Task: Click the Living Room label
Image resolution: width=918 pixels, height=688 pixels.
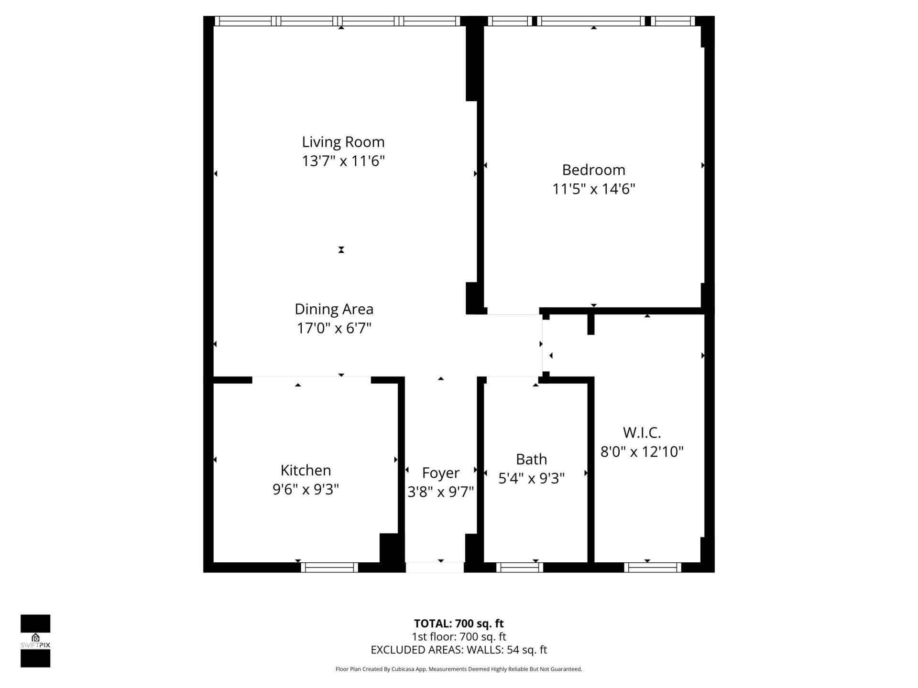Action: (343, 142)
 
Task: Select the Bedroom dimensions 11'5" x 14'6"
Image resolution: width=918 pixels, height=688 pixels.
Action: (593, 189)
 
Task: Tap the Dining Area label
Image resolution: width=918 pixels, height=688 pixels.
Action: (334, 309)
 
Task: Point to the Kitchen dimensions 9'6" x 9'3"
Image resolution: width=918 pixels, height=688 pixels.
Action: (306, 490)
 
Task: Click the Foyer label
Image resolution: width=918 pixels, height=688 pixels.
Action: (440, 473)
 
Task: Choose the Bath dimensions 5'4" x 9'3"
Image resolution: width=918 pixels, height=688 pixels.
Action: (531, 478)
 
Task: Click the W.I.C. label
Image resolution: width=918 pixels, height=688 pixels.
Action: (642, 433)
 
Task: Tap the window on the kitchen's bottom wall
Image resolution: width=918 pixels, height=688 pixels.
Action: (329, 567)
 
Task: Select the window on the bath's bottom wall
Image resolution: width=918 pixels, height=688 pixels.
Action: (519, 567)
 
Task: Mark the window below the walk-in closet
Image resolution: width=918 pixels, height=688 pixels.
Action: (652, 567)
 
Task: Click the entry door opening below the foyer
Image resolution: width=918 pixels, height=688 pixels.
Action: (435, 567)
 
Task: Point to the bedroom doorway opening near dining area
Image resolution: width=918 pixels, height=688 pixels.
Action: (513, 314)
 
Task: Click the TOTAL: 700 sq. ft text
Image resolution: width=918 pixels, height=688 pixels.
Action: (459, 623)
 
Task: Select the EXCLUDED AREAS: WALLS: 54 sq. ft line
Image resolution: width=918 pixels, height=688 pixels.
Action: (459, 650)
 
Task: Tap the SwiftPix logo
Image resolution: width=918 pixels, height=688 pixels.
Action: (35, 641)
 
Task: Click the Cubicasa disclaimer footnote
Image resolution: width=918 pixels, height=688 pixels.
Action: (459, 669)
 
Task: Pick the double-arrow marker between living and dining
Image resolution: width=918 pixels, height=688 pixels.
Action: (341, 250)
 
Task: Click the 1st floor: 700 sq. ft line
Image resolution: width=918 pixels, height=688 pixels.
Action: (459, 637)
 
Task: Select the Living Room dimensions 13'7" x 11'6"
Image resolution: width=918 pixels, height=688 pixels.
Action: (343, 161)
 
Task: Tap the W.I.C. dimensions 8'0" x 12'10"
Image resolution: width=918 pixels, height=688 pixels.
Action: (642, 452)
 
